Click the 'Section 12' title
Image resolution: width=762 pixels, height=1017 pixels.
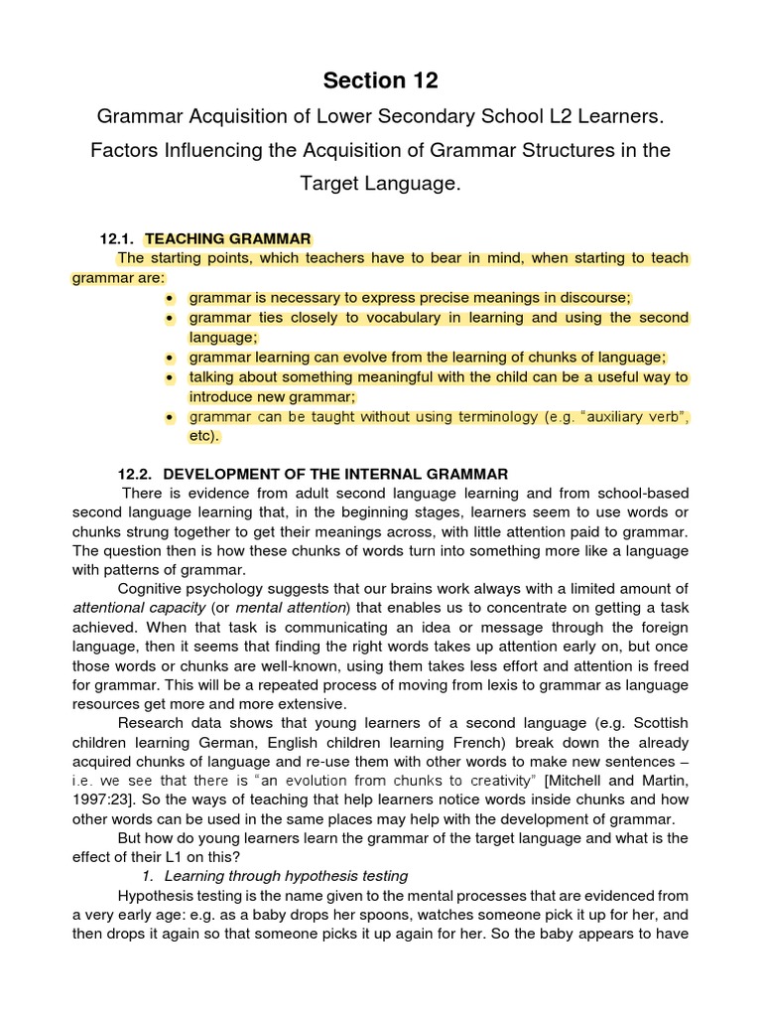[381, 80]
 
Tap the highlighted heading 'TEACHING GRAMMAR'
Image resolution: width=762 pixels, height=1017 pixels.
[228, 238]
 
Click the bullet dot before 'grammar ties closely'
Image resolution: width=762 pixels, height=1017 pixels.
[171, 318]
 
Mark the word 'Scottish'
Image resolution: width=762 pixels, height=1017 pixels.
[658, 724]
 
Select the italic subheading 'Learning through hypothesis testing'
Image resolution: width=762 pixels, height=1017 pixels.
[286, 875]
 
